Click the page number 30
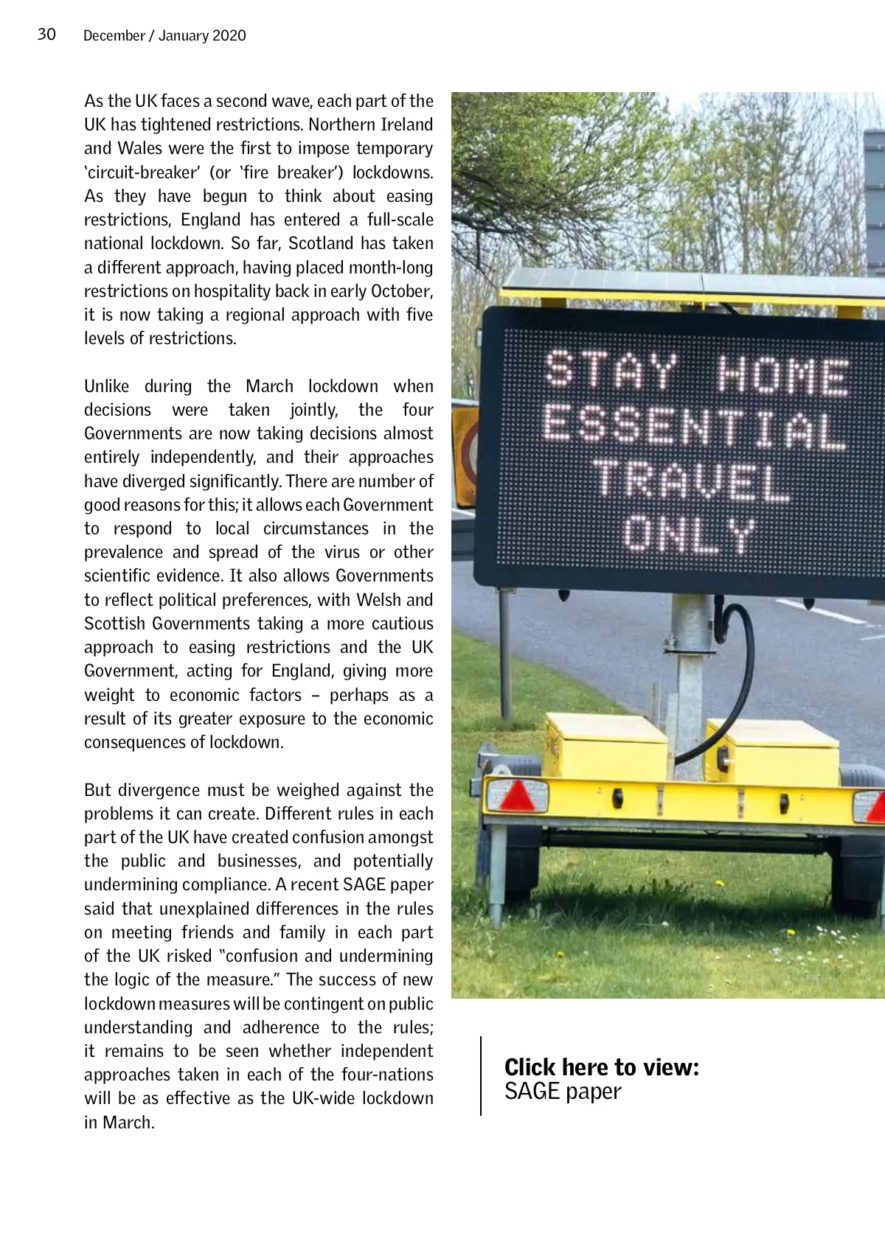pyautogui.click(x=46, y=35)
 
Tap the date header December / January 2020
pyautogui.click(x=164, y=35)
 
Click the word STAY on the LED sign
pyautogui.click(x=611, y=370)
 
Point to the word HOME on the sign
pyautogui.click(x=782, y=375)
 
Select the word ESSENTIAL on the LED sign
pyautogui.click(x=695, y=427)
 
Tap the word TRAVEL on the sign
pyautogui.click(x=691, y=481)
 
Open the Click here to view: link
pyautogui.click(x=601, y=1066)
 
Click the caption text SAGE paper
pyautogui.click(x=563, y=1092)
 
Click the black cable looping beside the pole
pyautogui.click(x=745, y=663)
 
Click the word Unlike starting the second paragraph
pyautogui.click(x=106, y=386)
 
